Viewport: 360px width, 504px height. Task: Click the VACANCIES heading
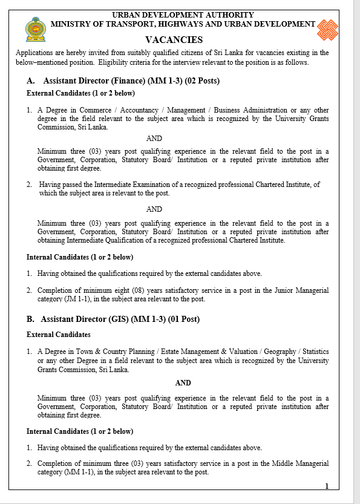point(174,40)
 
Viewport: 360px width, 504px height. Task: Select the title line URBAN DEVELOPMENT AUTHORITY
point(183,15)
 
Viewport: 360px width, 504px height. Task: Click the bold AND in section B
point(183,383)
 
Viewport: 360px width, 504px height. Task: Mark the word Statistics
point(315,352)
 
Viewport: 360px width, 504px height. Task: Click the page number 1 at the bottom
point(327,486)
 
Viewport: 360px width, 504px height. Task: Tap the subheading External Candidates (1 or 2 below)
point(80,94)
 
